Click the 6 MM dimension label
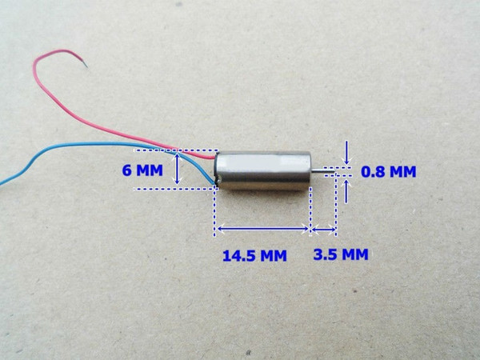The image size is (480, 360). (x=142, y=170)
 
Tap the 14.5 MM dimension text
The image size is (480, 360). (x=254, y=256)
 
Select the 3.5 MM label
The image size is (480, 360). (x=341, y=254)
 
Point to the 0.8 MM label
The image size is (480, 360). (x=389, y=172)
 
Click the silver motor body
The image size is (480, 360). (x=262, y=171)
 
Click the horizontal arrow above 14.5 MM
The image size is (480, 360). (x=262, y=228)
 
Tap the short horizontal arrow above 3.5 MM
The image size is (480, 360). (x=324, y=229)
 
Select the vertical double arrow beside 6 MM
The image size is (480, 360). (x=177, y=170)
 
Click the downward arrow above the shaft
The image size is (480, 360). (x=346, y=153)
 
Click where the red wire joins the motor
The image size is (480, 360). (x=215, y=158)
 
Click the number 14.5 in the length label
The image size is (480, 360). (x=238, y=256)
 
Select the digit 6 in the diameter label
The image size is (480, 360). (x=126, y=170)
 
